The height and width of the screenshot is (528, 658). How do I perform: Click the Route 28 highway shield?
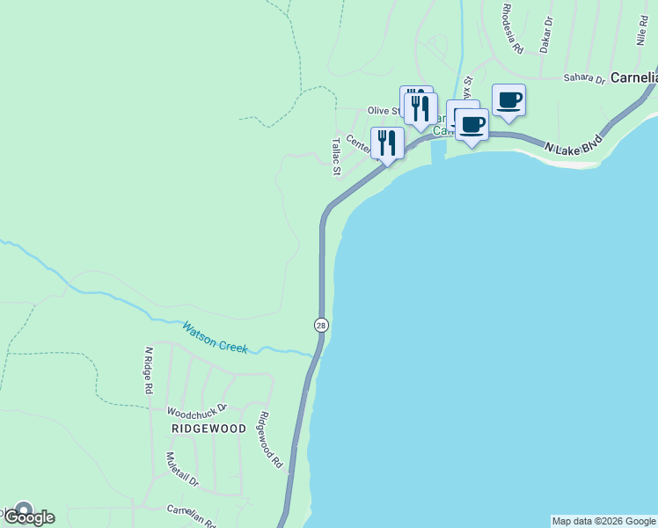point(321,325)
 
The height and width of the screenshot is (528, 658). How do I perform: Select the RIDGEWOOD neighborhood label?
point(208,429)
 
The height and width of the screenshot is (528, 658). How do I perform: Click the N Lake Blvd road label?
point(573,143)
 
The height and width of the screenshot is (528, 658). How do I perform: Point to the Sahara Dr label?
point(584,78)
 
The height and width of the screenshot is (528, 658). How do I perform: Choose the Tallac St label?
point(335,156)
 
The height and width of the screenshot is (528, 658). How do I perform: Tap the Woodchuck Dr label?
point(197,410)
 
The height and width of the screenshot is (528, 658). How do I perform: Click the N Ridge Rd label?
point(149,370)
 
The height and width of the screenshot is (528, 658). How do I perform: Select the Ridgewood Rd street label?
point(269,439)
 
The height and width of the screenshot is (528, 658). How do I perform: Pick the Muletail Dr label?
point(182,471)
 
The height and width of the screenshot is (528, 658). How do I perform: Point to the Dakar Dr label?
point(546,34)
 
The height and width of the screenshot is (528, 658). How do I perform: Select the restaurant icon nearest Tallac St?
point(387,143)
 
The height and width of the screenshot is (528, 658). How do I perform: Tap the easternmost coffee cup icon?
point(508,99)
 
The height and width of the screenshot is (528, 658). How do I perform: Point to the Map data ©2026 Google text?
point(603,521)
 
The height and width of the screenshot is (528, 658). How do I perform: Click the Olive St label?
point(384,111)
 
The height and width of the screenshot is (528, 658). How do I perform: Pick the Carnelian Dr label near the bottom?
point(192,515)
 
